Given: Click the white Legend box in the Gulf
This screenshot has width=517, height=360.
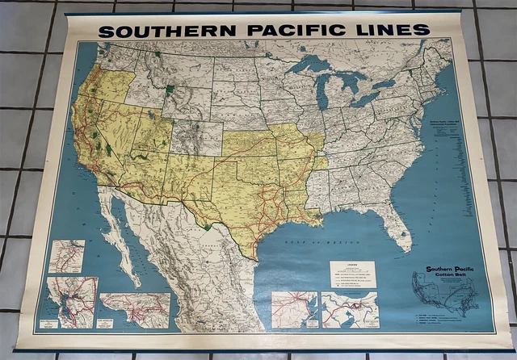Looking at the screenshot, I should coord(351,274).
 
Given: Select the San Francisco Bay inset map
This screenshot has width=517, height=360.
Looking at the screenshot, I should coord(73,301).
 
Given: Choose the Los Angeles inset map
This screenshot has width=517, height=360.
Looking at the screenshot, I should coord(134,309).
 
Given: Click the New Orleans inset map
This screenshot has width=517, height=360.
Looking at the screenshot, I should coord(349,310).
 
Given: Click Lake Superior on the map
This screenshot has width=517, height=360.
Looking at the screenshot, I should coord(311,65).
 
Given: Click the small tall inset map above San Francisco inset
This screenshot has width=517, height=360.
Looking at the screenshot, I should coord(66,256).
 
